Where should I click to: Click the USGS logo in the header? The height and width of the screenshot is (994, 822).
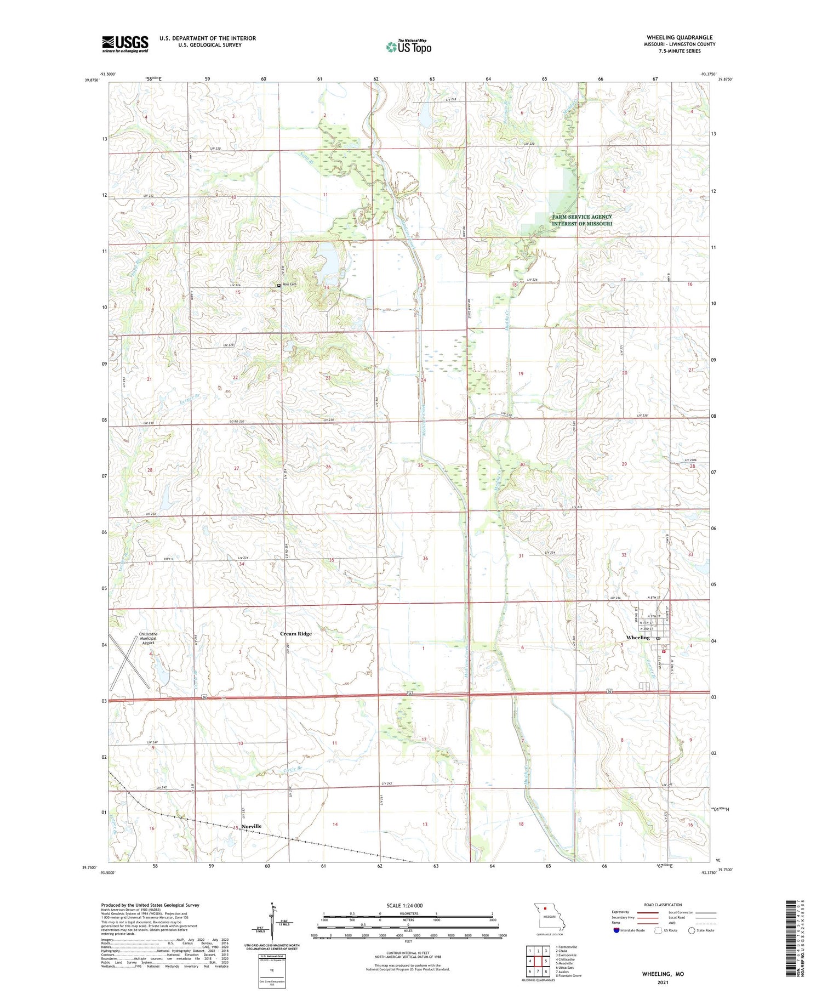click(125, 44)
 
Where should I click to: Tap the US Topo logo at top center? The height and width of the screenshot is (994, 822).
click(408, 47)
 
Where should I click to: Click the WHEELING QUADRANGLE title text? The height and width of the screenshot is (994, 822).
click(680, 37)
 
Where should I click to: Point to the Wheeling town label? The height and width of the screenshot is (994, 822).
click(638, 638)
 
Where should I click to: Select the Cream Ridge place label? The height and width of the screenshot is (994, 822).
click(296, 634)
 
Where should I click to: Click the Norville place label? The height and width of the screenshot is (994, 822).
click(251, 826)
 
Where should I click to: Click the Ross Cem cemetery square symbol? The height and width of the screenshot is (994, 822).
click(278, 285)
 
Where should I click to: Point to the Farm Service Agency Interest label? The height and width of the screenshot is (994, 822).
click(581, 220)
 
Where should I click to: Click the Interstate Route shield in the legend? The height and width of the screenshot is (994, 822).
click(616, 930)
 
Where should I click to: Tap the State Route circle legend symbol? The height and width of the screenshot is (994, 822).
click(692, 930)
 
